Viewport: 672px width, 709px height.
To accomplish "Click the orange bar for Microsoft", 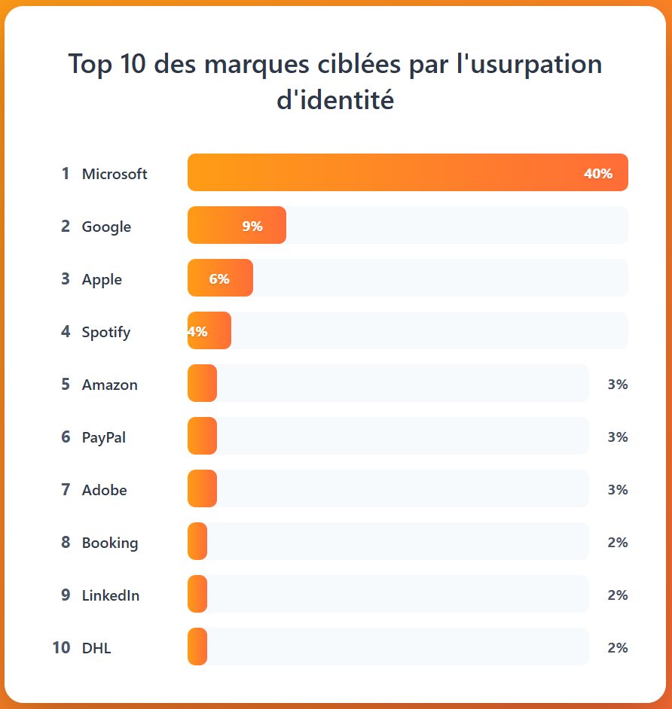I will coord(407,172).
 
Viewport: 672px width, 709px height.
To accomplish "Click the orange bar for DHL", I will coord(197,647).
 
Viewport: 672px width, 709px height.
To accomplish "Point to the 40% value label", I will coord(597,174).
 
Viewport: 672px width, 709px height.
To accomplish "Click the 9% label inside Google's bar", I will coord(252,227).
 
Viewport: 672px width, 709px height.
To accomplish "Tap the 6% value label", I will coord(219,279).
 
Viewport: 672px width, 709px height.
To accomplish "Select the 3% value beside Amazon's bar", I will coord(617,385).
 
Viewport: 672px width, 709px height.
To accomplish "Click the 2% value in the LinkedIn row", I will coord(617,595).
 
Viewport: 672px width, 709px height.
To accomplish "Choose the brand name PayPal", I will coord(104,437).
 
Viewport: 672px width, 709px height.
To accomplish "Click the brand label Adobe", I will coord(105,490).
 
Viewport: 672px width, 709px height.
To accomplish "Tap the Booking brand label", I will coord(110,543).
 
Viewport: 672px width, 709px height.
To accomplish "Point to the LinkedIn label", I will coord(111,595).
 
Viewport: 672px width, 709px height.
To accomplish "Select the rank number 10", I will coord(61,647).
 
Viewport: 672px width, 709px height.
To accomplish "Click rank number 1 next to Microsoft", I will coord(66,174).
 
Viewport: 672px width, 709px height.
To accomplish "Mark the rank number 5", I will coord(66,385).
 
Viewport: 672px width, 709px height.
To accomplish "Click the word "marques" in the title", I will coord(256,65).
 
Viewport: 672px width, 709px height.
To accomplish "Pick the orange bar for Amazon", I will coord(202,383).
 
